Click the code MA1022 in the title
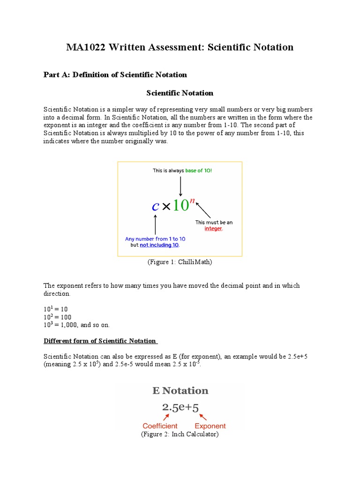87,47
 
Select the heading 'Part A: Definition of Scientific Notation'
115,75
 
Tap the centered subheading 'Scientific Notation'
180,93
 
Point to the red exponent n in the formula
192,200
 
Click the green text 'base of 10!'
198,171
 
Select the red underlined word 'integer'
213,229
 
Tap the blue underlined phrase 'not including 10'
159,245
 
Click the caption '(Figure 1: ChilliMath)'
180,262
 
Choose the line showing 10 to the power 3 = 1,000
76,325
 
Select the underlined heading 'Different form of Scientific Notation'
100,341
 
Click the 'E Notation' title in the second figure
180,390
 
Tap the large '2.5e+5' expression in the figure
180,407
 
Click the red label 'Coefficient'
160,426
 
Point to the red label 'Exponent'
210,426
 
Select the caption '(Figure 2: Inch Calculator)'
180,435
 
